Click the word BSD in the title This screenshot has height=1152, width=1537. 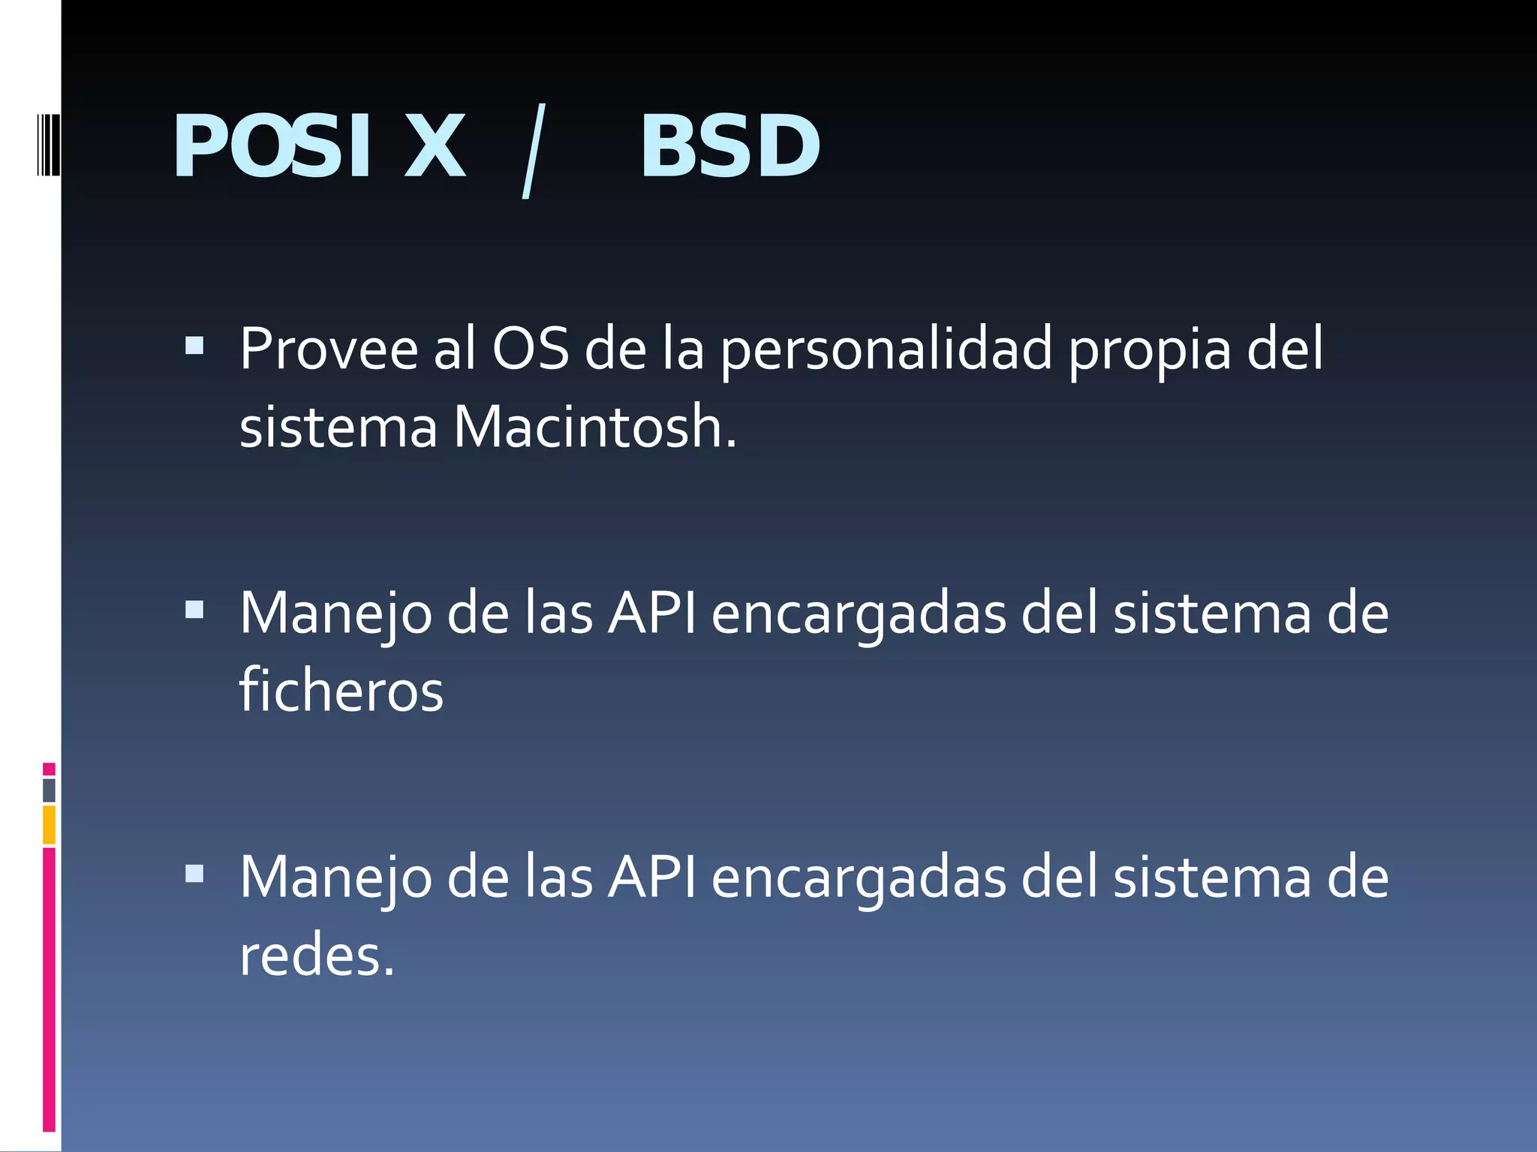click(x=729, y=147)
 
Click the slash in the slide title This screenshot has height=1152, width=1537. click(x=532, y=151)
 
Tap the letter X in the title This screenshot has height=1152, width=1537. click(x=435, y=147)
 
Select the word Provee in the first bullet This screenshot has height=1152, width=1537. click(x=329, y=349)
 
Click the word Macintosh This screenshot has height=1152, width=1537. click(x=595, y=427)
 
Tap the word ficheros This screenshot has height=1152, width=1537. click(x=341, y=690)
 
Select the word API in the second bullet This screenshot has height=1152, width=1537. click(x=651, y=613)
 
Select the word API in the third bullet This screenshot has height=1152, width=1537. click(x=651, y=877)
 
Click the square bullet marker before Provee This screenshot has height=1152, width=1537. click(x=194, y=345)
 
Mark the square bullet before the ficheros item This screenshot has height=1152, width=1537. click(x=194, y=609)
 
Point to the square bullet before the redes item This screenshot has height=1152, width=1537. click(x=194, y=873)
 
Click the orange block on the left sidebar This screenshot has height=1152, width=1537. click(x=49, y=824)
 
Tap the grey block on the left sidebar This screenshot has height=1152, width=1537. click(x=49, y=790)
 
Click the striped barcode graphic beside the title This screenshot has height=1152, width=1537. click(x=47, y=144)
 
